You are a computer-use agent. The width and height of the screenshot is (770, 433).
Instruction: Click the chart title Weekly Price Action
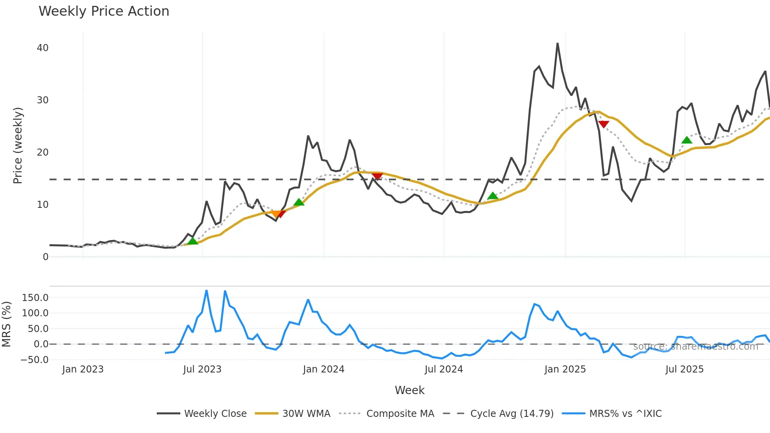click(x=104, y=11)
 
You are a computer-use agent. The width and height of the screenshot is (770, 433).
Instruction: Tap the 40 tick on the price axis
click(x=42, y=48)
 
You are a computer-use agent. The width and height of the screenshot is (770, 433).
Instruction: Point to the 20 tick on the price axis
click(x=42, y=152)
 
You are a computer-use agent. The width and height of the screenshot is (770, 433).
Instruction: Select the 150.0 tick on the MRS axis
click(x=35, y=298)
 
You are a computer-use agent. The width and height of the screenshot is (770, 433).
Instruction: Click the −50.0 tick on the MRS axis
click(x=34, y=360)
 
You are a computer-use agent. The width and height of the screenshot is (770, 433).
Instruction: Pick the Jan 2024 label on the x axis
click(x=323, y=369)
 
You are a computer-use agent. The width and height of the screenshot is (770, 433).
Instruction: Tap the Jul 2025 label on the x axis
click(x=684, y=369)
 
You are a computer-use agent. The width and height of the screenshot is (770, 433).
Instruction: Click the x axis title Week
click(x=409, y=390)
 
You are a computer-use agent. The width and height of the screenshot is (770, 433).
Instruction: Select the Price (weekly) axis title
click(x=18, y=145)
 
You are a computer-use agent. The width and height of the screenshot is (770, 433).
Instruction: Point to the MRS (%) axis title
click(x=6, y=324)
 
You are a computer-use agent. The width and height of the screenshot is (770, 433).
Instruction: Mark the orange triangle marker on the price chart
click(x=276, y=214)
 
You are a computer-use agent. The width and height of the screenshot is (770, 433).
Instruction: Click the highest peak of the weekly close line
click(x=557, y=44)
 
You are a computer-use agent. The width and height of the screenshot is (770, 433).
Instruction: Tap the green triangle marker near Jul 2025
click(x=687, y=140)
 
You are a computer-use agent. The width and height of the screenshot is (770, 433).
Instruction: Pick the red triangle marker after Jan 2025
click(x=603, y=125)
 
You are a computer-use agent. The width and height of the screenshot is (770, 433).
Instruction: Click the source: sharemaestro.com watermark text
click(x=695, y=347)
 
